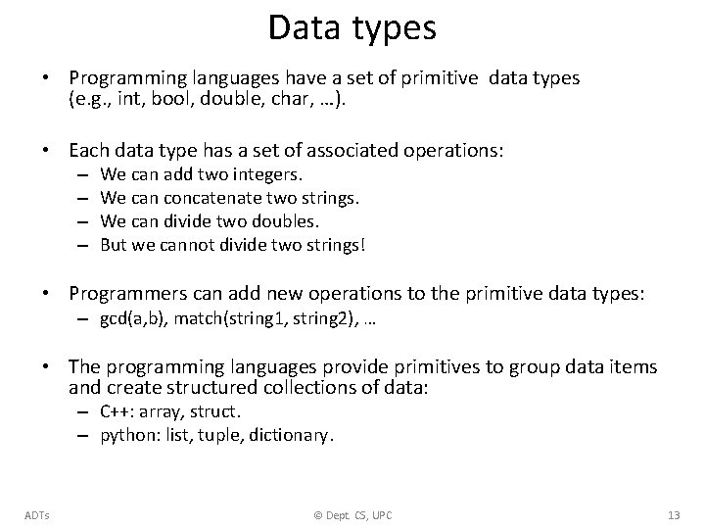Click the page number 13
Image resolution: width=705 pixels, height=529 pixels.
672,515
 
